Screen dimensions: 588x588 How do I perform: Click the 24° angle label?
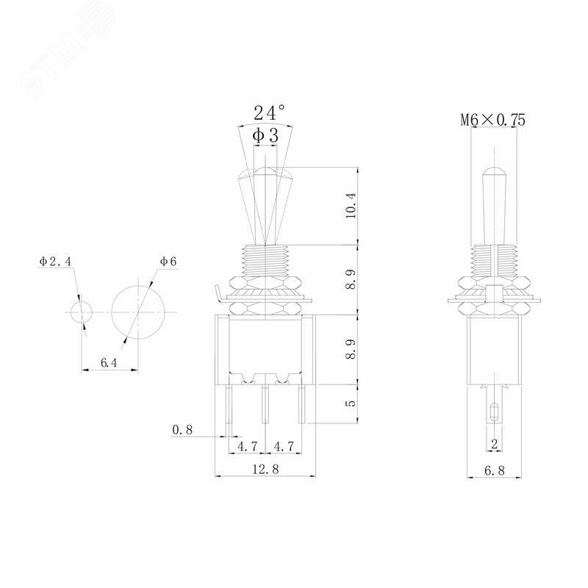point(269,112)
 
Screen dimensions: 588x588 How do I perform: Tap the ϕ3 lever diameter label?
point(265,135)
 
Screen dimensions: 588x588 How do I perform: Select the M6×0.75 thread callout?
point(492,120)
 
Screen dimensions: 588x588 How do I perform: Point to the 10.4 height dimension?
point(351,206)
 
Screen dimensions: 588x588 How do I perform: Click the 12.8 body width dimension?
point(265,469)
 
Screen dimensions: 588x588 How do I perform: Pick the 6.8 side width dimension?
point(495,470)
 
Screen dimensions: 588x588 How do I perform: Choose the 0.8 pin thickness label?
point(182,430)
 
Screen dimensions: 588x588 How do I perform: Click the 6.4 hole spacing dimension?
point(109,362)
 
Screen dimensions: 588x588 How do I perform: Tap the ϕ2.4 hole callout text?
point(55,262)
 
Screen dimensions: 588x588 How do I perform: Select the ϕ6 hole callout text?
point(168,262)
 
